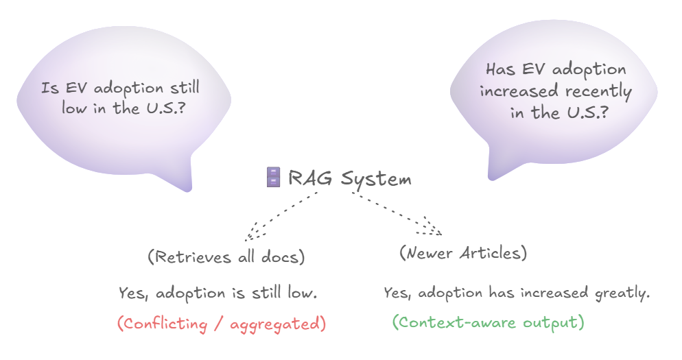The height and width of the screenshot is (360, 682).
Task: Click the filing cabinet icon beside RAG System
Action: [273, 178]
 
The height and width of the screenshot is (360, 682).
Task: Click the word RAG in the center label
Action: [310, 178]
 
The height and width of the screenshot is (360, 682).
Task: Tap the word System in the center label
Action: [376, 180]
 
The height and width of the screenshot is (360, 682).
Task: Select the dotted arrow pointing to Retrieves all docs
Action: [281, 216]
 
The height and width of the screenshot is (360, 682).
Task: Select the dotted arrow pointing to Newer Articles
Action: [397, 213]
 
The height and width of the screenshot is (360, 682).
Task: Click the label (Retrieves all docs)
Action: [226, 256]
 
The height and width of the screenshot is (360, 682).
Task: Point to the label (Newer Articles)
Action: [463, 252]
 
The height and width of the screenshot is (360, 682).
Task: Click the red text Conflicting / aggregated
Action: [222, 324]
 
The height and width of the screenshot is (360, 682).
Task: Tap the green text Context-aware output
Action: [488, 322]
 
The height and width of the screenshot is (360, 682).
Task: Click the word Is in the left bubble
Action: [49, 88]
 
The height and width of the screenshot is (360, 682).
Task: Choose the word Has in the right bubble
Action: [500, 69]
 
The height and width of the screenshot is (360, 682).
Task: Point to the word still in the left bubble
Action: [185, 87]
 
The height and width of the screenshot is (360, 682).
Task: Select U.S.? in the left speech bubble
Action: [165, 108]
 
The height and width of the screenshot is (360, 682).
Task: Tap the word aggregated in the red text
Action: [278, 324]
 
